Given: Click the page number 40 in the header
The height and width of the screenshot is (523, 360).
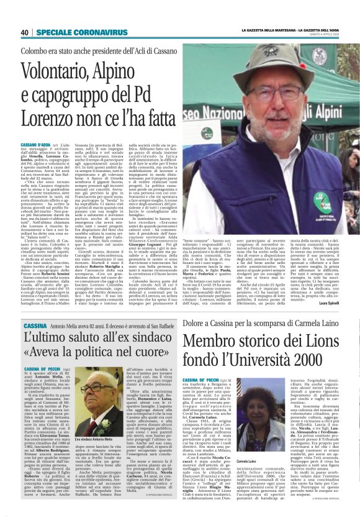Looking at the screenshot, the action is [x=24, y=32].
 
